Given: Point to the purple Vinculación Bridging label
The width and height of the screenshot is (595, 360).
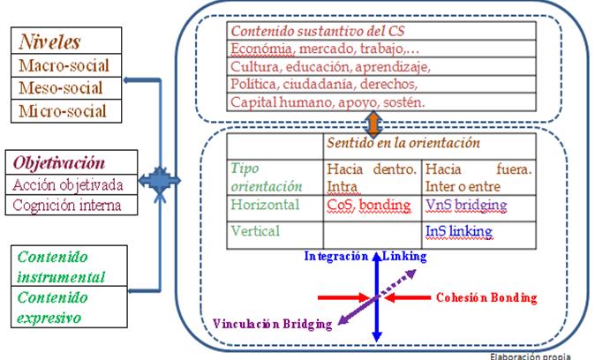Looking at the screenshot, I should (273, 323).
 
